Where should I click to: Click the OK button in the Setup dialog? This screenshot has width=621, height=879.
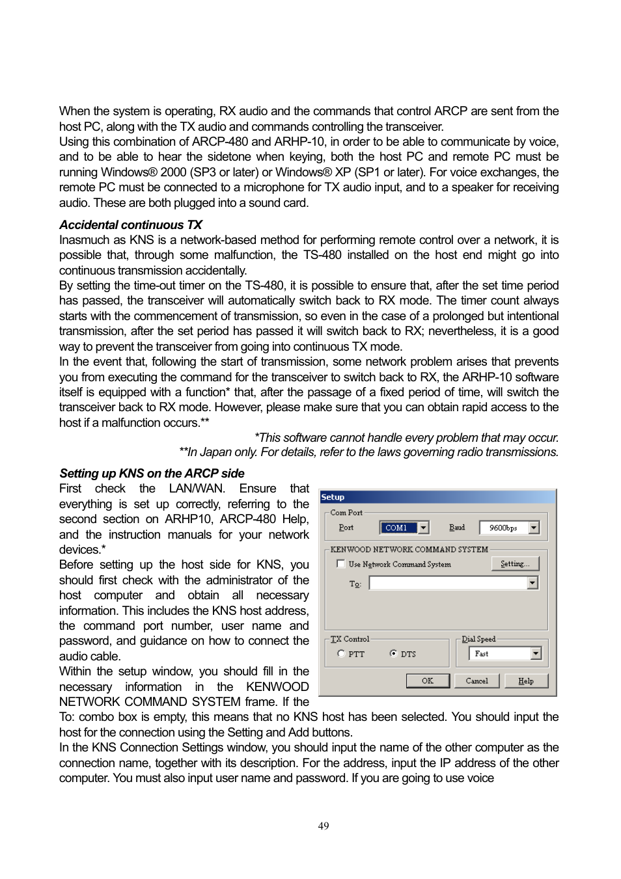click(428, 681)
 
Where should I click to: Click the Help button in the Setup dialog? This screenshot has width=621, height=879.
click(525, 681)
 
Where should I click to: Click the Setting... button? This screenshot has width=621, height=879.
click(515, 564)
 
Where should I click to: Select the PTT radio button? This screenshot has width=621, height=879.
click(341, 654)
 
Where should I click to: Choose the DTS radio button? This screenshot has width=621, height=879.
click(394, 654)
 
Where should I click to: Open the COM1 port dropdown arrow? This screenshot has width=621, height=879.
click(423, 528)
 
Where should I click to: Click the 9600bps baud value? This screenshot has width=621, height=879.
click(503, 528)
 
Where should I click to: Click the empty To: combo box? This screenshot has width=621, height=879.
click(448, 583)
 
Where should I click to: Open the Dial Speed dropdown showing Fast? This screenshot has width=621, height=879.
click(535, 653)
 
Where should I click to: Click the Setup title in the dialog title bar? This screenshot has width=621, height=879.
click(333, 497)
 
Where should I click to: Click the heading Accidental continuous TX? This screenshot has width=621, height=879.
click(130, 225)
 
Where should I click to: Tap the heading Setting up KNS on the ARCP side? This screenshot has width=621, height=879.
click(152, 474)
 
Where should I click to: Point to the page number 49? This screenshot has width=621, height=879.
click(324, 826)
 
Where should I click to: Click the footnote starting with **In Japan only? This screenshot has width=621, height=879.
click(368, 452)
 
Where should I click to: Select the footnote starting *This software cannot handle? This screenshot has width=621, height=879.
click(406, 437)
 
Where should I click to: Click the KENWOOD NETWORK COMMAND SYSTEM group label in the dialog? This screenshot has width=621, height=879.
click(409, 549)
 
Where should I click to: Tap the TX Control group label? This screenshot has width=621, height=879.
click(350, 639)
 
